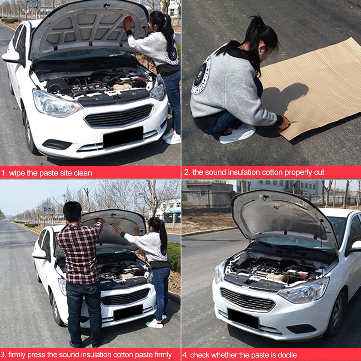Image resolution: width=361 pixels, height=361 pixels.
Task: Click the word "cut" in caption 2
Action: [318, 172]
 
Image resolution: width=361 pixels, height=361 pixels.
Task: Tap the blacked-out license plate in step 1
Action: [123, 137]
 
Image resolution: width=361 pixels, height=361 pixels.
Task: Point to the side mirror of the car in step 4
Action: [355, 247]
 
